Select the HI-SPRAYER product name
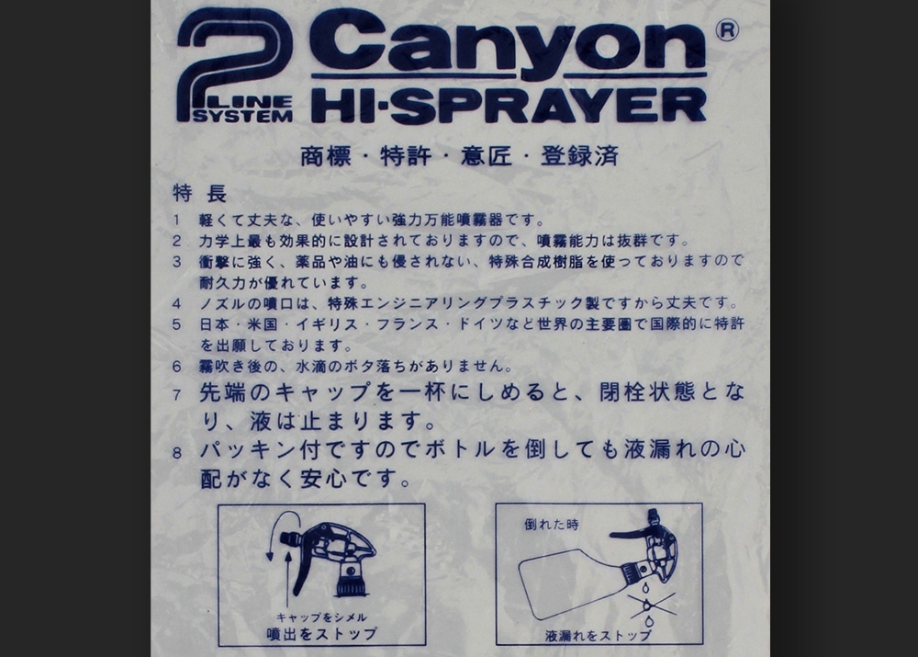pos(509,105)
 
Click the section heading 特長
pos(199,195)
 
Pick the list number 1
pos(177,221)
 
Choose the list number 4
pos(177,303)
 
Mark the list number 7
pos(177,395)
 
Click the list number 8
pos(177,453)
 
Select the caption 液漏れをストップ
pos(598,634)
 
